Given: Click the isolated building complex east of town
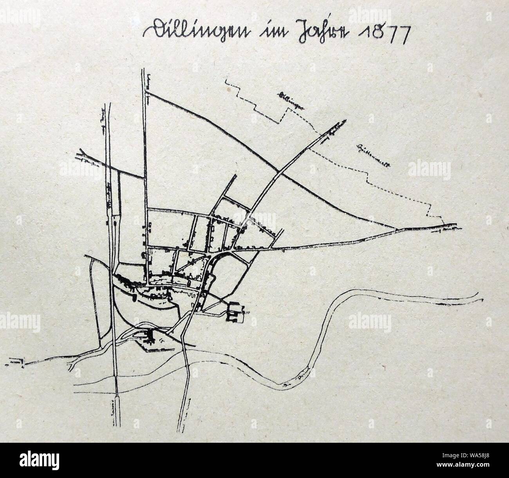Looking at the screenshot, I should pos(235,312).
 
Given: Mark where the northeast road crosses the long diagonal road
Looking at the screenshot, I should pos(278,171).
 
